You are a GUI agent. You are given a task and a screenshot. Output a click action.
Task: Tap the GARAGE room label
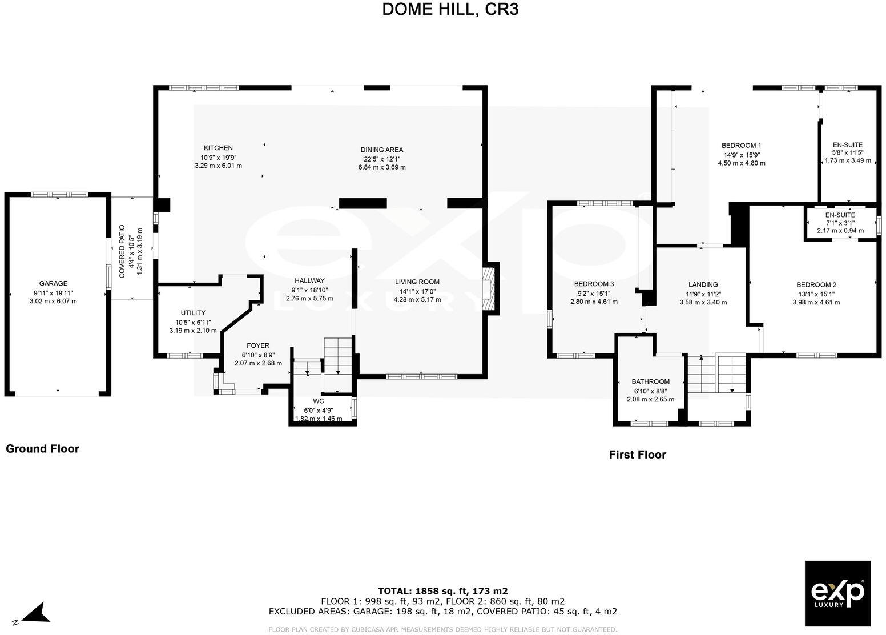click(x=53, y=283)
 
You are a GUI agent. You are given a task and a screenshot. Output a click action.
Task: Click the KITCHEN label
click(x=218, y=148)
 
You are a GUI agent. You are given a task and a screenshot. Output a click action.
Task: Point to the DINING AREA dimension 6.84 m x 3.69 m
click(x=381, y=167)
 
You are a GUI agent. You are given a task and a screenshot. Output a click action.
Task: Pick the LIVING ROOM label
click(x=417, y=282)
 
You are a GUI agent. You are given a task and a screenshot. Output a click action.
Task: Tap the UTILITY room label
click(x=193, y=313)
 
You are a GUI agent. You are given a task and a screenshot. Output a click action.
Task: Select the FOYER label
click(x=257, y=345)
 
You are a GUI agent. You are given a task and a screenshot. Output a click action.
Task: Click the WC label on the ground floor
click(x=318, y=401)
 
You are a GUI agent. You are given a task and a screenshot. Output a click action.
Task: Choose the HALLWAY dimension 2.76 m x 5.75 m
click(x=309, y=298)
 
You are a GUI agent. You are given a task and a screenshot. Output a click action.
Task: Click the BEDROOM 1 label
click(x=741, y=146)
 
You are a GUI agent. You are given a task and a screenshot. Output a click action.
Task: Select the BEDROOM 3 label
click(x=594, y=284)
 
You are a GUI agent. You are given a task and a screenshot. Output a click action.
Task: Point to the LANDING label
click(x=703, y=284)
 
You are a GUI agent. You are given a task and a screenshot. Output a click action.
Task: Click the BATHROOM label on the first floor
click(x=650, y=381)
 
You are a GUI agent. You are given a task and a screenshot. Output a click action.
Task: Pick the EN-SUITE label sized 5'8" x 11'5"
click(x=848, y=145)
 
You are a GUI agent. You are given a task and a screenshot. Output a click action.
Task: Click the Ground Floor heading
click(x=42, y=449)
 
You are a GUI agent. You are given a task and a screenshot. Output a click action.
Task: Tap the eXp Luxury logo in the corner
click(x=837, y=593)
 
